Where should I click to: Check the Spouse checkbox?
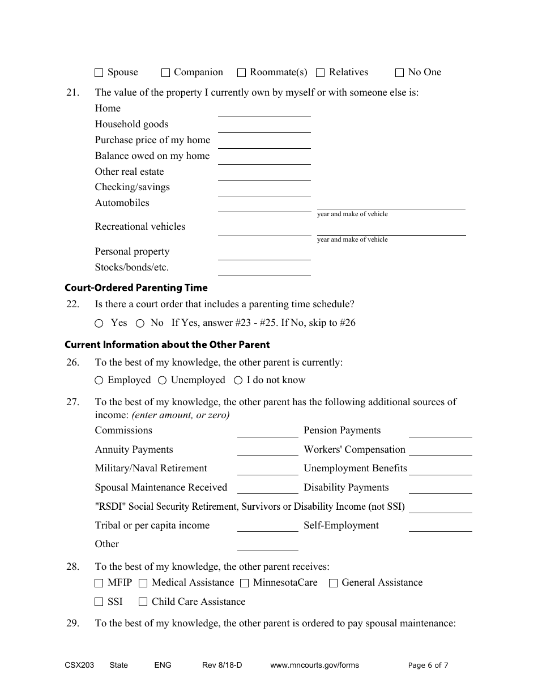point(99,73)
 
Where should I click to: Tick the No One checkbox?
point(399,73)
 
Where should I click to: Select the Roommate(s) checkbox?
point(241,73)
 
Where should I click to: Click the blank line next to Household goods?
point(264,127)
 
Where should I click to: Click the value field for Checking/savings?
point(264,190)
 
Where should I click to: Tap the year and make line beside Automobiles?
point(391,204)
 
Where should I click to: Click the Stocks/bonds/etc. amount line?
point(264,270)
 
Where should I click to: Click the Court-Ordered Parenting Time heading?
point(136,287)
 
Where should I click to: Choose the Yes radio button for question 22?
point(99,324)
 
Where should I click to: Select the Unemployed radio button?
point(162,381)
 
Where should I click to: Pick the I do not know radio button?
point(238,381)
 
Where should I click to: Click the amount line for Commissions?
point(267,432)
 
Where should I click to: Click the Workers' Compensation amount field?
point(440,451)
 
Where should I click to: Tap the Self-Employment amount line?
point(440,527)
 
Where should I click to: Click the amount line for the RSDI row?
point(440,508)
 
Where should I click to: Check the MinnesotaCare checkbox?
point(244,583)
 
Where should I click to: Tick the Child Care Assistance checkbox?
point(143,603)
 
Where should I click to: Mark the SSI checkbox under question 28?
point(99,603)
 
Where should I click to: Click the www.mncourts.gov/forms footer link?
point(314,665)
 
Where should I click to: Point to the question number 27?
point(72,402)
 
